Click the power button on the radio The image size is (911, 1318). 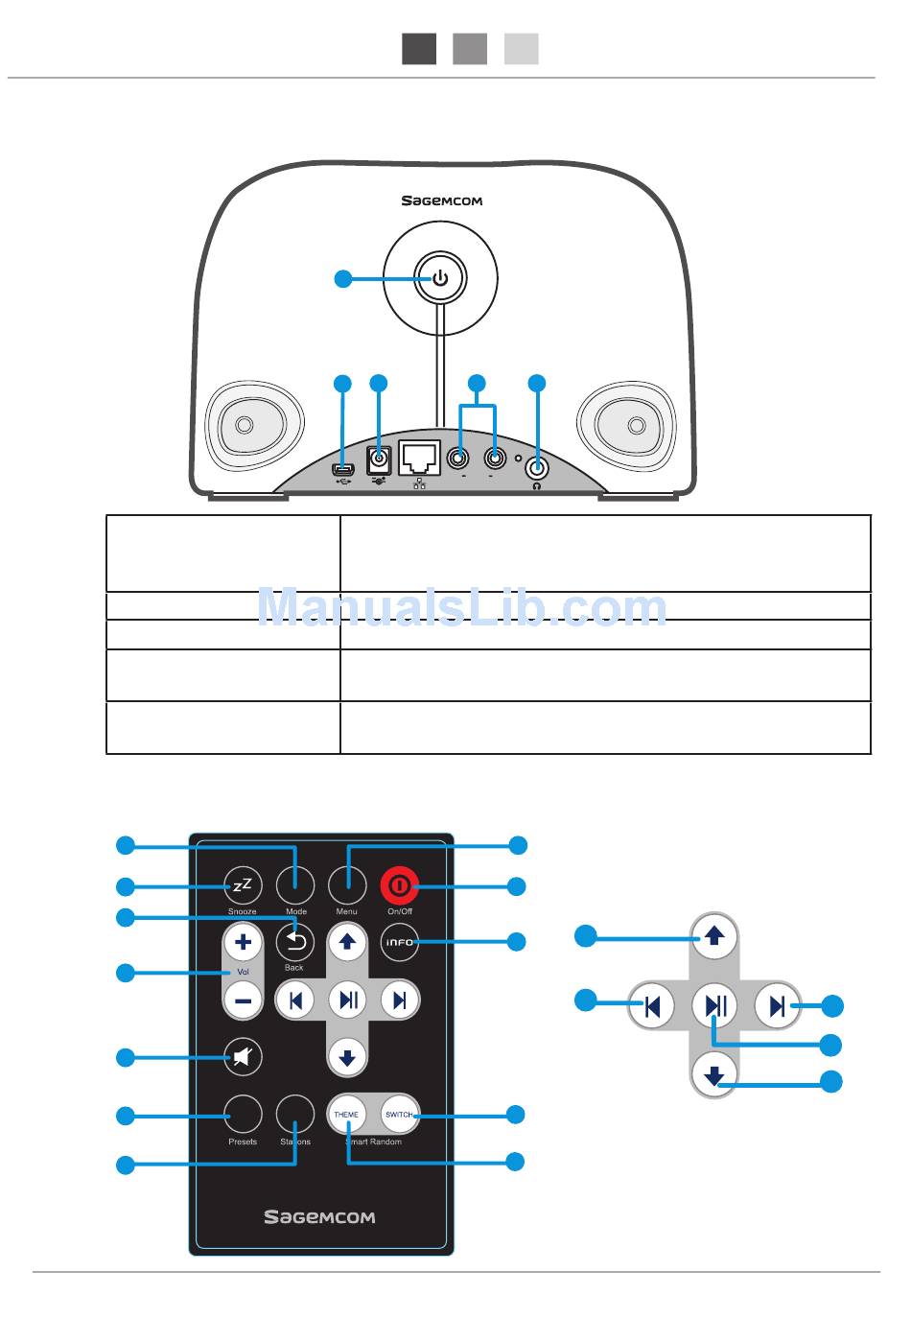[x=440, y=279]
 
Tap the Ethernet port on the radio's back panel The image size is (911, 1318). [x=419, y=459]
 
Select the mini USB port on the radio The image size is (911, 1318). [x=343, y=470]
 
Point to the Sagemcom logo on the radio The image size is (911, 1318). [x=441, y=201]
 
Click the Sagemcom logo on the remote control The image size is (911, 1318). [x=319, y=1217]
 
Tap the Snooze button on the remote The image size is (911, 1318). [x=243, y=884]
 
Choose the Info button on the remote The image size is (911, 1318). [x=399, y=942]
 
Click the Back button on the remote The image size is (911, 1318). [x=294, y=942]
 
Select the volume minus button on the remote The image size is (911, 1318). [x=243, y=1001]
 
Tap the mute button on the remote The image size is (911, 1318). [x=243, y=1057]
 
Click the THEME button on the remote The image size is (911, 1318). [x=346, y=1115]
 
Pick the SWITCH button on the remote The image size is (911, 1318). [x=398, y=1115]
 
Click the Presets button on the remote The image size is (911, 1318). [x=243, y=1115]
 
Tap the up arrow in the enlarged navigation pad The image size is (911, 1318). [x=714, y=935]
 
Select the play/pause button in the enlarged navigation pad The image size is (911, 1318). [x=714, y=1006]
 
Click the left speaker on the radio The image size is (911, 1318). [x=244, y=424]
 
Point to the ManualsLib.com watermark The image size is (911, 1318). [x=461, y=608]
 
